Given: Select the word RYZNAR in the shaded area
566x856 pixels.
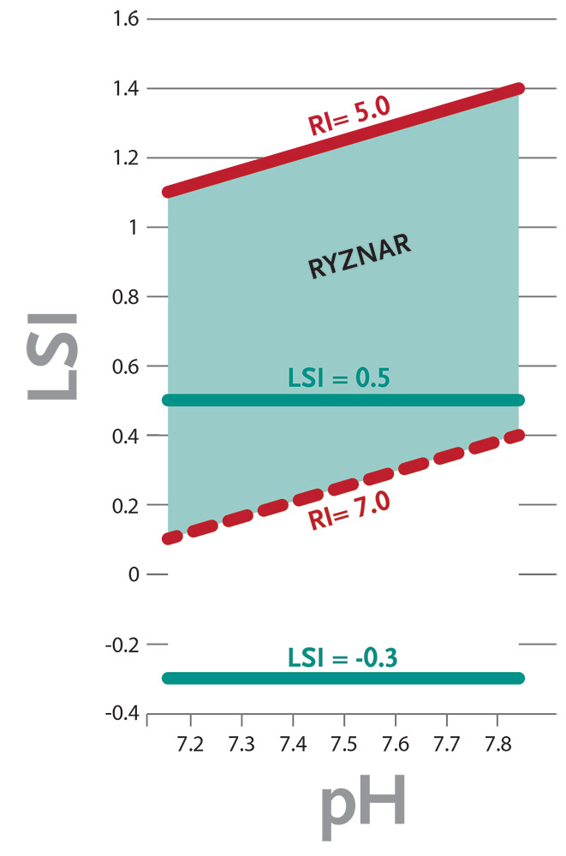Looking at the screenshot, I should pyautogui.click(x=360, y=255).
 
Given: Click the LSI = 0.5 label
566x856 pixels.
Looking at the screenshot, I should pyautogui.click(x=339, y=377).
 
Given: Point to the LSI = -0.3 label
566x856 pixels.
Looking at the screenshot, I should pyautogui.click(x=342, y=657).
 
